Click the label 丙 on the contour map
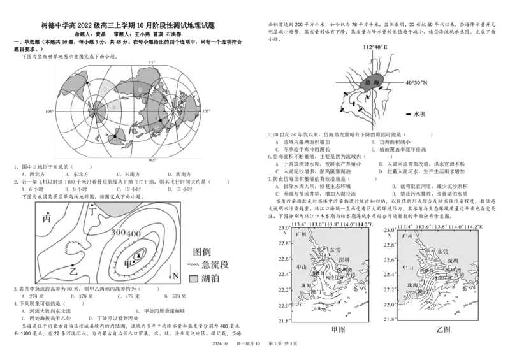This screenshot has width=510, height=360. pos(46,218)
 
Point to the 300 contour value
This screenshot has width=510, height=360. pos(118,234)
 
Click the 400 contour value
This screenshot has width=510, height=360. pos(133,234)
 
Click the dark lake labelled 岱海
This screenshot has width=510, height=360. pos(371,83)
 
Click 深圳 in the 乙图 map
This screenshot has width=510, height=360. pos(453,261)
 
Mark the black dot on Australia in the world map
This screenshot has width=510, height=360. pos(115,136)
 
